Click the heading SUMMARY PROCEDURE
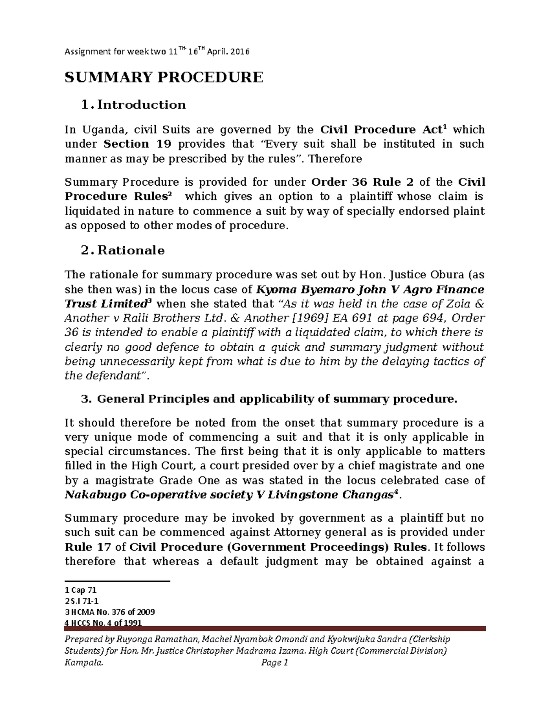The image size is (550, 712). point(164,77)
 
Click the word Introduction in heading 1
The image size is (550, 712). point(142,105)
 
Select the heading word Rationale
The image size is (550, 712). point(131,250)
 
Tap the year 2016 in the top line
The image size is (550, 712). point(240,52)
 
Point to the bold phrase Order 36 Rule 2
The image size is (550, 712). point(363,182)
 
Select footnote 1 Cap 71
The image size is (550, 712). point(81,591)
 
